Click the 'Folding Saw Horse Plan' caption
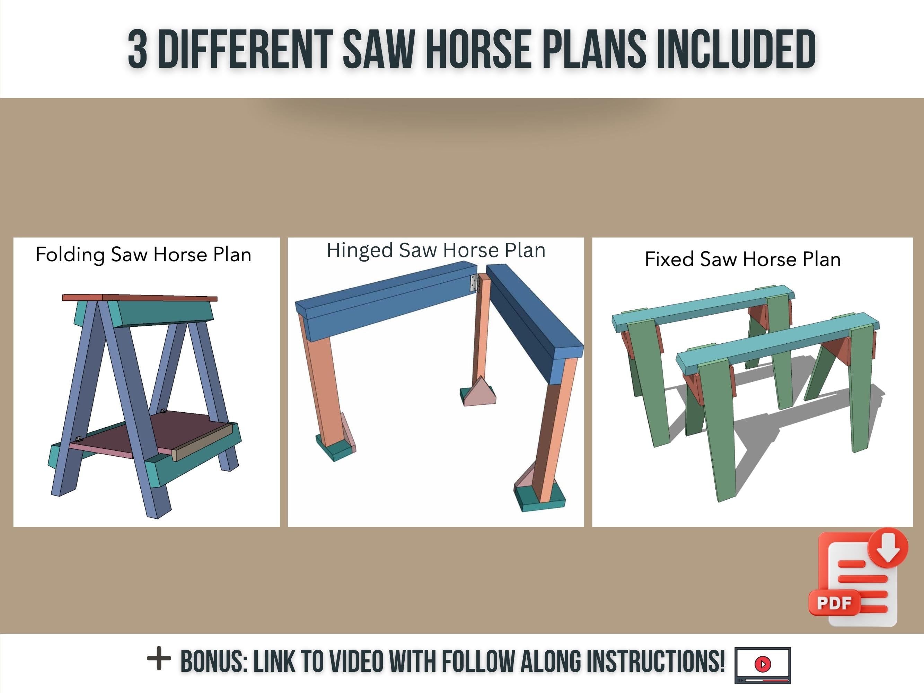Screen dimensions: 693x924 (x=143, y=254)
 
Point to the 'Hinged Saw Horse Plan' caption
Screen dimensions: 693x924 (x=436, y=250)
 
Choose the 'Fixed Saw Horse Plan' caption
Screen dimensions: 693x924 (x=742, y=259)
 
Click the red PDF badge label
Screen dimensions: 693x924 (x=833, y=603)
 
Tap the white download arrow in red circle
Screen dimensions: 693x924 (x=888, y=549)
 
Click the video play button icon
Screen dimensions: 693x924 (x=763, y=663)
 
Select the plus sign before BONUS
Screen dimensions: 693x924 (x=159, y=658)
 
